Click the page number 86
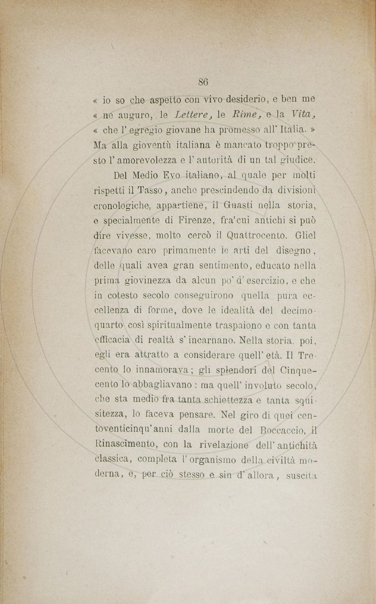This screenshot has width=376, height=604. [203, 82]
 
